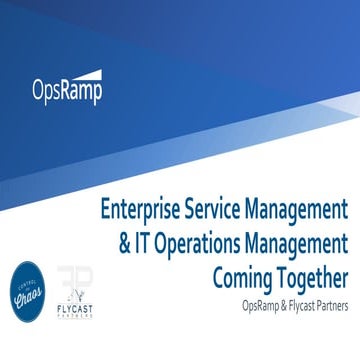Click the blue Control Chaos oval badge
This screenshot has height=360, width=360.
28,291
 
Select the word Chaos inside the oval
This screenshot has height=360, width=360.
28,294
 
